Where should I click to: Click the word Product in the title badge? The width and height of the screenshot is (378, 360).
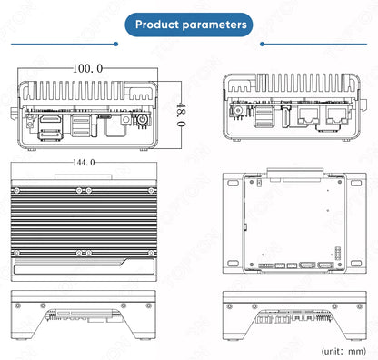157,25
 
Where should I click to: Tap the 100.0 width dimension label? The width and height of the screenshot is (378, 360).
88,68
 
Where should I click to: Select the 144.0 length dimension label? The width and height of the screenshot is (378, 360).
84,163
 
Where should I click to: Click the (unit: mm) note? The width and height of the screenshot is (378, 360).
343,351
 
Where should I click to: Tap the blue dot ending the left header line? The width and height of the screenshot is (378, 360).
115,44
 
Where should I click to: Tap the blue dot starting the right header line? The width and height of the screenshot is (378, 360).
262,44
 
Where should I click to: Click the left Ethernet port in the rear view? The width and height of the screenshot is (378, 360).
308,115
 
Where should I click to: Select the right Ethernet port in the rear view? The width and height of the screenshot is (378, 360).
337,115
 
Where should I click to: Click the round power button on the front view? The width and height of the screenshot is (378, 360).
142,119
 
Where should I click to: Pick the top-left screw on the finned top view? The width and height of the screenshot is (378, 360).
17,191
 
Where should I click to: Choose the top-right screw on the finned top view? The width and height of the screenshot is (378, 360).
151,190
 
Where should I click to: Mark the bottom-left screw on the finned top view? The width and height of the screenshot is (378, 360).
17,253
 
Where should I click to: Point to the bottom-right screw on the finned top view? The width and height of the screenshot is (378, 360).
151,253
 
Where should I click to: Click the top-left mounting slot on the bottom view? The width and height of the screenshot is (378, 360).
233,183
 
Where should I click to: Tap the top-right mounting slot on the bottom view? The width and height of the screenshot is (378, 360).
356,183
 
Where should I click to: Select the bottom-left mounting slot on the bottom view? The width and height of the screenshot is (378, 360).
233,263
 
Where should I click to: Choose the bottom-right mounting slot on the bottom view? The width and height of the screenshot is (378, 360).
356,263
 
